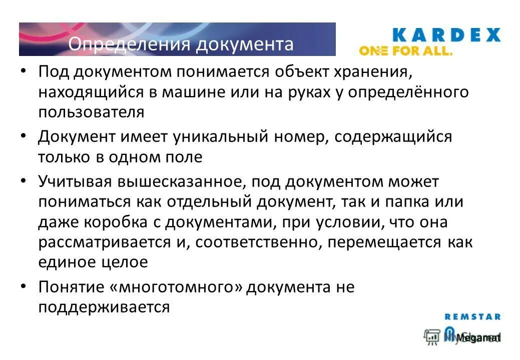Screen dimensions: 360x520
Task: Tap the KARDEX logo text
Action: [446, 35]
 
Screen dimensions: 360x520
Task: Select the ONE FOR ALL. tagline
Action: [406, 51]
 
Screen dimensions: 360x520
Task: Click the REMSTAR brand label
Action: [472, 316]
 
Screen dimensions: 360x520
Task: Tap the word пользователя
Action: [91, 112]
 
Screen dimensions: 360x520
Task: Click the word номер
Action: [300, 136]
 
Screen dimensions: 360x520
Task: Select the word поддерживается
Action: [104, 307]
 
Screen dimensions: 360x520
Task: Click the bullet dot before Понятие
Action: [24, 287]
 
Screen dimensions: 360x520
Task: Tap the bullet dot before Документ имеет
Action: [24, 136]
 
